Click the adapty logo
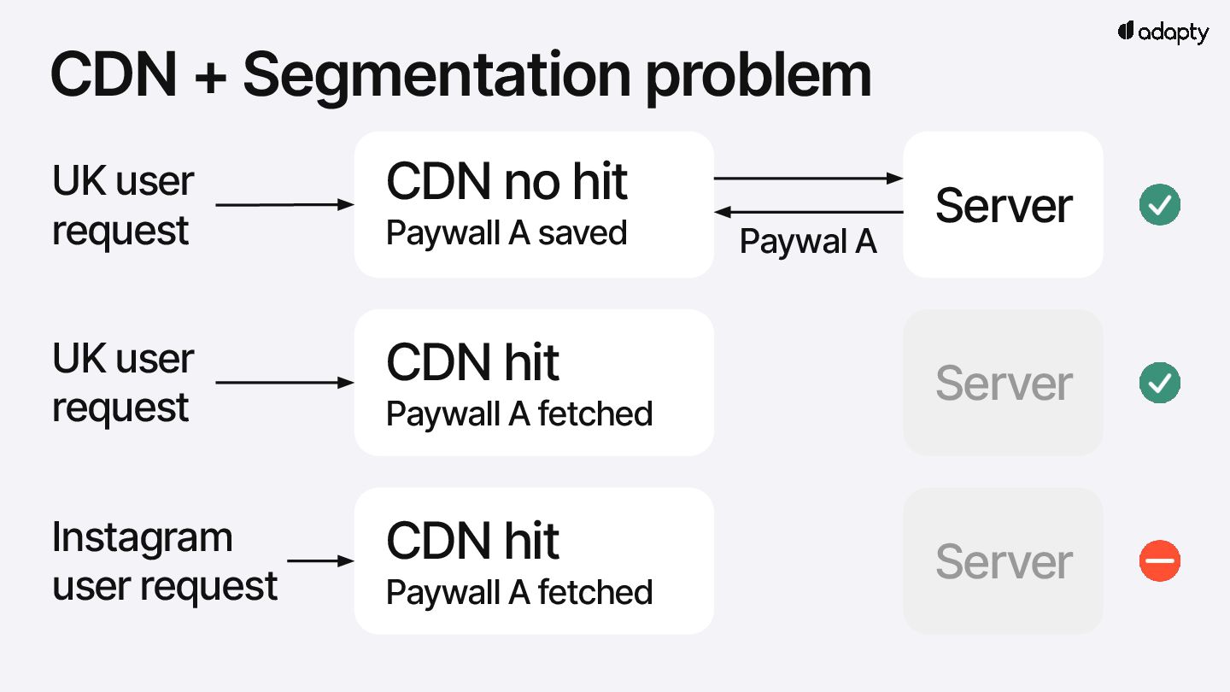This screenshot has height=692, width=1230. (1163, 32)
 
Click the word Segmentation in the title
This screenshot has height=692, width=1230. (435, 75)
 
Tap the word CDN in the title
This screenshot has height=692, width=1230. (114, 75)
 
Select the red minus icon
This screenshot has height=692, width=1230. (1160, 561)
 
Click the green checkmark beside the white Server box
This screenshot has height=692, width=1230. (1160, 205)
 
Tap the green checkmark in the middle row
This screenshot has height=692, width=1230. (1160, 383)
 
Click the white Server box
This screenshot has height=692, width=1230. (1003, 205)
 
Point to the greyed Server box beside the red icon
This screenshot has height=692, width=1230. (1003, 561)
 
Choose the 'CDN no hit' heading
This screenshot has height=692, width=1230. (507, 182)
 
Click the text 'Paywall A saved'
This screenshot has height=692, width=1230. (507, 233)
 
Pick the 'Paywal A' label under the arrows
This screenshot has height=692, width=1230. (808, 242)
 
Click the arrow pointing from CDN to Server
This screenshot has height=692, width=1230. (808, 179)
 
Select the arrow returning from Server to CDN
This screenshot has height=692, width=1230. (808, 212)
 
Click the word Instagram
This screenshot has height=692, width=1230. (143, 538)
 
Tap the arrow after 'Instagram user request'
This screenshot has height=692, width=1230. (320, 561)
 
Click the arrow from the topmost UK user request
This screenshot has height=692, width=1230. (284, 205)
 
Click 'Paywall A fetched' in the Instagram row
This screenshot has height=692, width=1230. (519, 592)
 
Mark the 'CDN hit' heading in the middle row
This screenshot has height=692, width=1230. (472, 362)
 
